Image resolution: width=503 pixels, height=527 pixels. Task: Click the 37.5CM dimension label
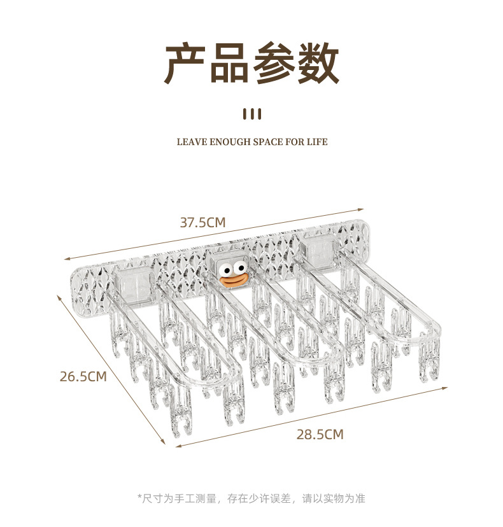pos(202,223)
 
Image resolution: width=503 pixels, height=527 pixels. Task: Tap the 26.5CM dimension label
pos(83,376)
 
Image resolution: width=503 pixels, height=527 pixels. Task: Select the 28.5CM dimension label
pos(320,435)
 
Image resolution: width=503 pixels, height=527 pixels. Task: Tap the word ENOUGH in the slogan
pos(229,142)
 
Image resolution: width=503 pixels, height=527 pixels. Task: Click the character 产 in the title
pos(186,64)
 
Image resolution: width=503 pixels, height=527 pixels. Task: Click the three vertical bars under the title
pos(252,115)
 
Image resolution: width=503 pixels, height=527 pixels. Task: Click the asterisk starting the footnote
pos(139,498)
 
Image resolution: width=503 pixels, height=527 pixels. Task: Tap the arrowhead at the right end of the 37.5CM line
pos(361,208)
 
